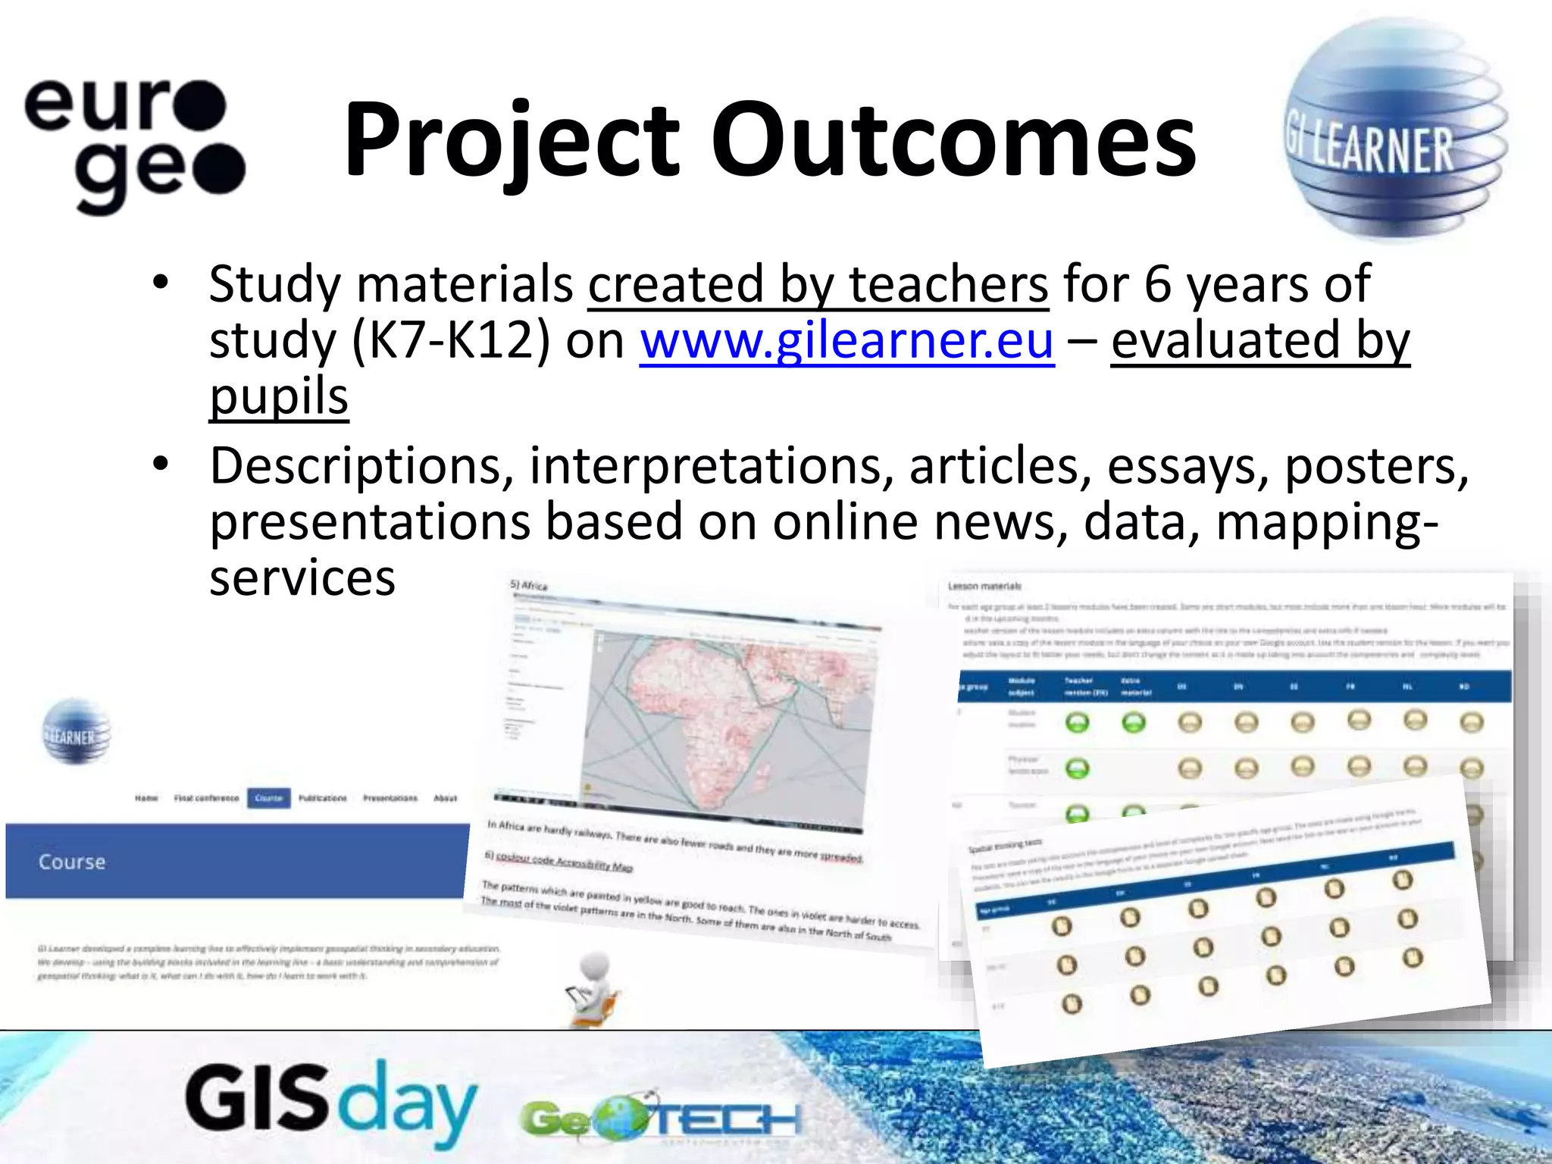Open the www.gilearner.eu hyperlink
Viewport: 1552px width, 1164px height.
(846, 341)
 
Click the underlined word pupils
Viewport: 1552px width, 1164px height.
(278, 396)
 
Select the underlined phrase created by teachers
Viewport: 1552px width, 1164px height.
(818, 284)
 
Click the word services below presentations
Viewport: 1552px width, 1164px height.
(302, 578)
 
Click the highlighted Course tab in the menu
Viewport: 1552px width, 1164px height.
(268, 798)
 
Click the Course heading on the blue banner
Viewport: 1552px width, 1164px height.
(72, 862)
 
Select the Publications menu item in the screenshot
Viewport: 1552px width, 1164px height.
(322, 798)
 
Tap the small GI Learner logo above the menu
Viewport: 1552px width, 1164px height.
(75, 732)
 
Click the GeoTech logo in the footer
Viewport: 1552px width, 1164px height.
(659, 1118)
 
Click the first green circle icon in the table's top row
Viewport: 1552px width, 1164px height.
(1077, 722)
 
